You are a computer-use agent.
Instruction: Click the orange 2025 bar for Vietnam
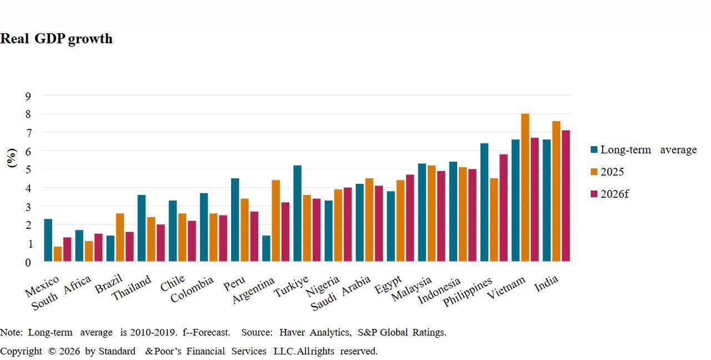(525, 187)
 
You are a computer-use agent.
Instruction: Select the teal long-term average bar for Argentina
(266, 248)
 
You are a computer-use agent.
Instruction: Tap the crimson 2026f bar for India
(565, 196)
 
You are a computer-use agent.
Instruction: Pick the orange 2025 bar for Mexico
(57, 254)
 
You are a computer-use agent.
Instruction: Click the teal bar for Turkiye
(297, 213)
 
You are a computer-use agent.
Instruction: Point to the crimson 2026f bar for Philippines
(503, 208)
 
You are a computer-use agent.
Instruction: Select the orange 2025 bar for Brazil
(120, 237)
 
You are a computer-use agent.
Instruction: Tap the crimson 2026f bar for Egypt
(410, 218)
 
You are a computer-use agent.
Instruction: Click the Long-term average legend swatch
(594, 150)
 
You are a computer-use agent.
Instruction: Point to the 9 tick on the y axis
(28, 96)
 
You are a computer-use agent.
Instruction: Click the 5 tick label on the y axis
(28, 170)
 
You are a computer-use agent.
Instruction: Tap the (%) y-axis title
(12, 158)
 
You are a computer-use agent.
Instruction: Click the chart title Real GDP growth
(56, 39)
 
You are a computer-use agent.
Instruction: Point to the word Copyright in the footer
(21, 351)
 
